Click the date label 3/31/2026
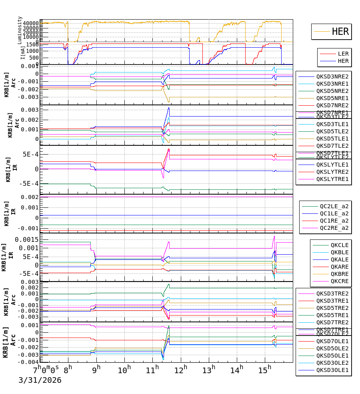click(40, 380)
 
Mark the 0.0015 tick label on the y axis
click(27, 239)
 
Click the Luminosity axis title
click(20, 30)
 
